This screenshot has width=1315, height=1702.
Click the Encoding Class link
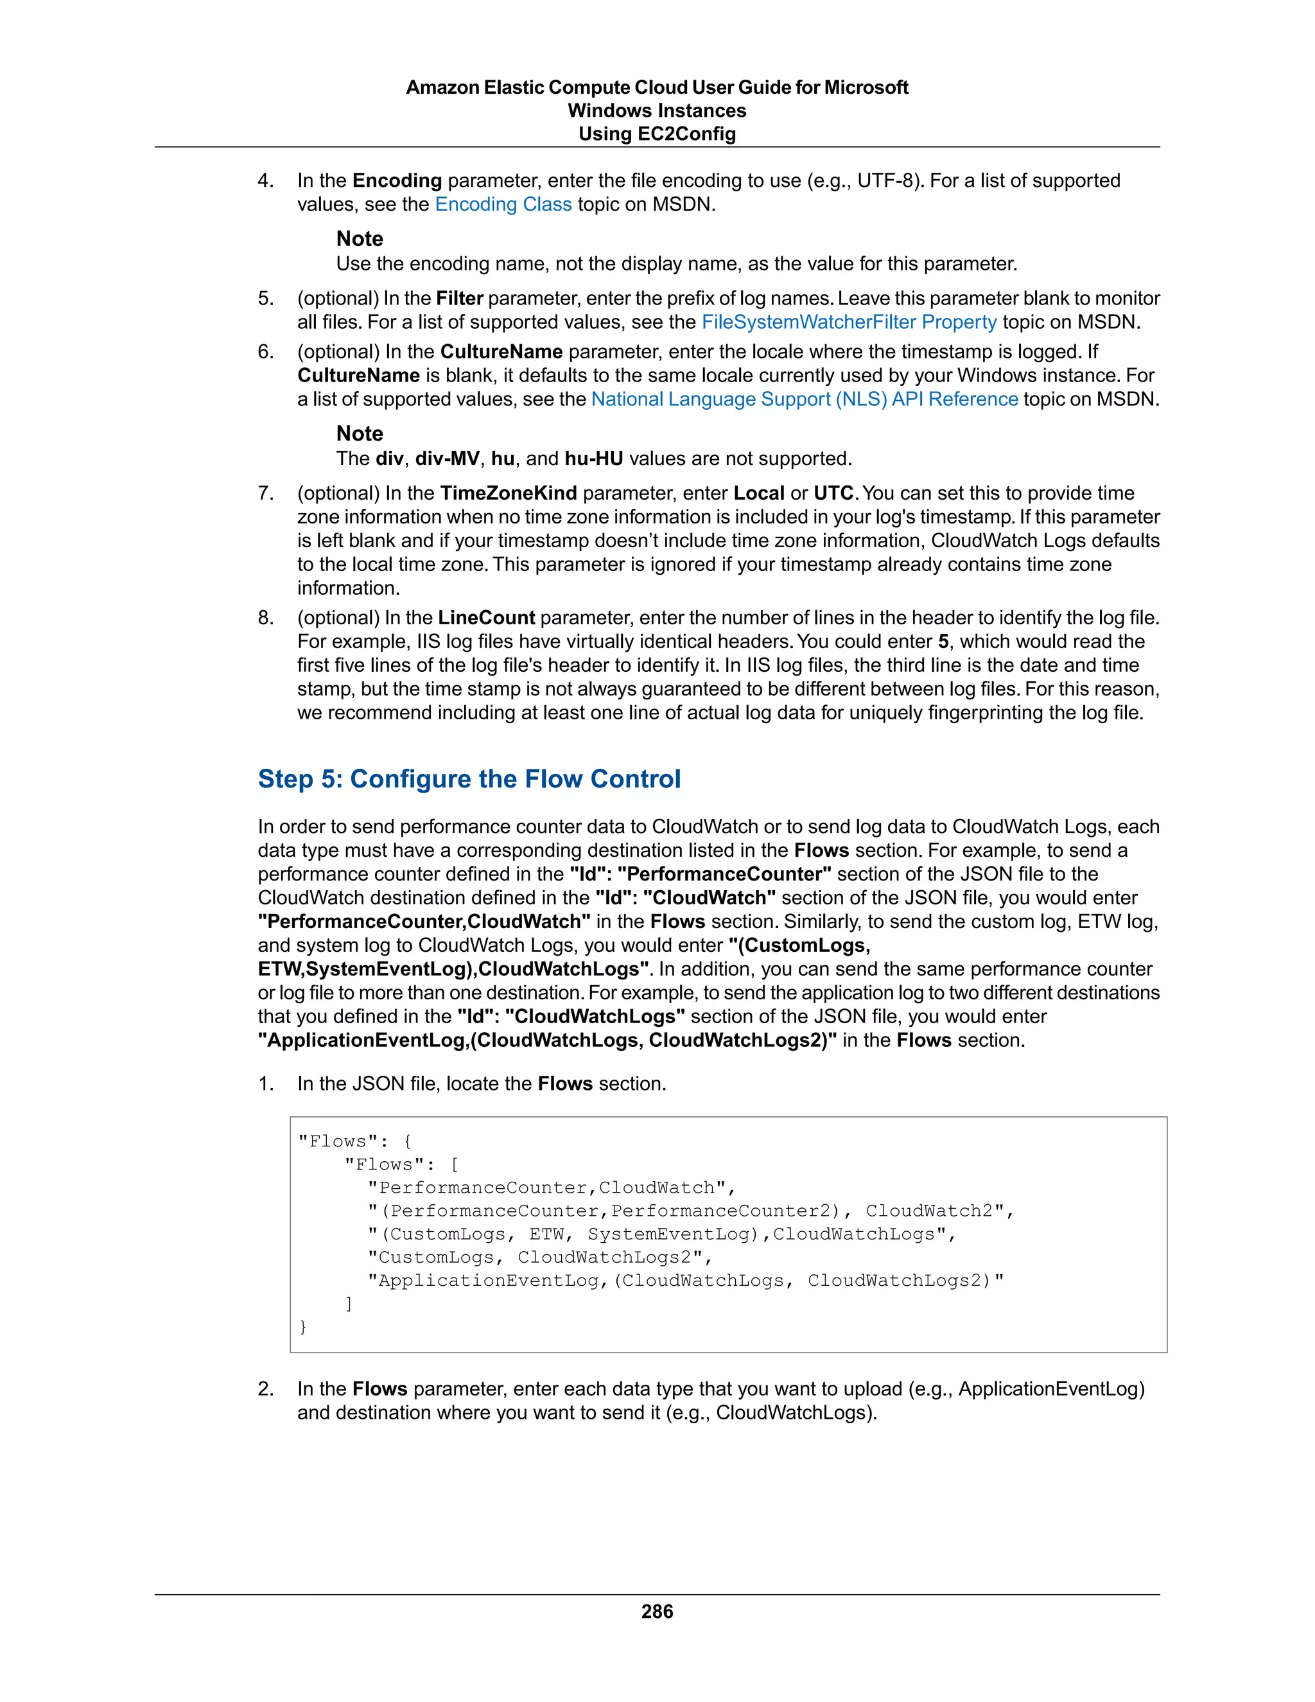[x=503, y=204]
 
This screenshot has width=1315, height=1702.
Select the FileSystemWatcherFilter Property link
[x=848, y=322]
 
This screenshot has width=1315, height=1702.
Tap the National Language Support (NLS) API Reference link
[x=804, y=399]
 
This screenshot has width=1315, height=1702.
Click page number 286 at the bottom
[x=657, y=1611]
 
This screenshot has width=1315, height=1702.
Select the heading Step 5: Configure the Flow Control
[x=469, y=778]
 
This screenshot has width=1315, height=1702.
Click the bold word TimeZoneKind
[x=508, y=493]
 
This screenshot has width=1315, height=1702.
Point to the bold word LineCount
[x=486, y=618]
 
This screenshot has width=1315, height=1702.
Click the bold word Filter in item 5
[x=459, y=299]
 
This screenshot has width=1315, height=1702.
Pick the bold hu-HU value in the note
[x=594, y=458]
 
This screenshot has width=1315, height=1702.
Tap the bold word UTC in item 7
[x=834, y=493]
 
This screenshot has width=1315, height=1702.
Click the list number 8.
[x=265, y=618]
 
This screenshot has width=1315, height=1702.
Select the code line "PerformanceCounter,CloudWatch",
[x=552, y=1188]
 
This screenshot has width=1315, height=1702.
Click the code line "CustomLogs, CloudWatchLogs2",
[x=540, y=1257]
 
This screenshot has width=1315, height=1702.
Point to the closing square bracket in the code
[x=349, y=1303]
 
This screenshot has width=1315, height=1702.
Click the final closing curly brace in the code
[x=303, y=1326]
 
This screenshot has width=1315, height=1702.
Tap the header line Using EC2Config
[x=657, y=134]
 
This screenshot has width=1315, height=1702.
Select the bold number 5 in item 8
[x=943, y=642]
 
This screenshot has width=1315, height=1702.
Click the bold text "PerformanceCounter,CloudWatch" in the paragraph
[x=424, y=921]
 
